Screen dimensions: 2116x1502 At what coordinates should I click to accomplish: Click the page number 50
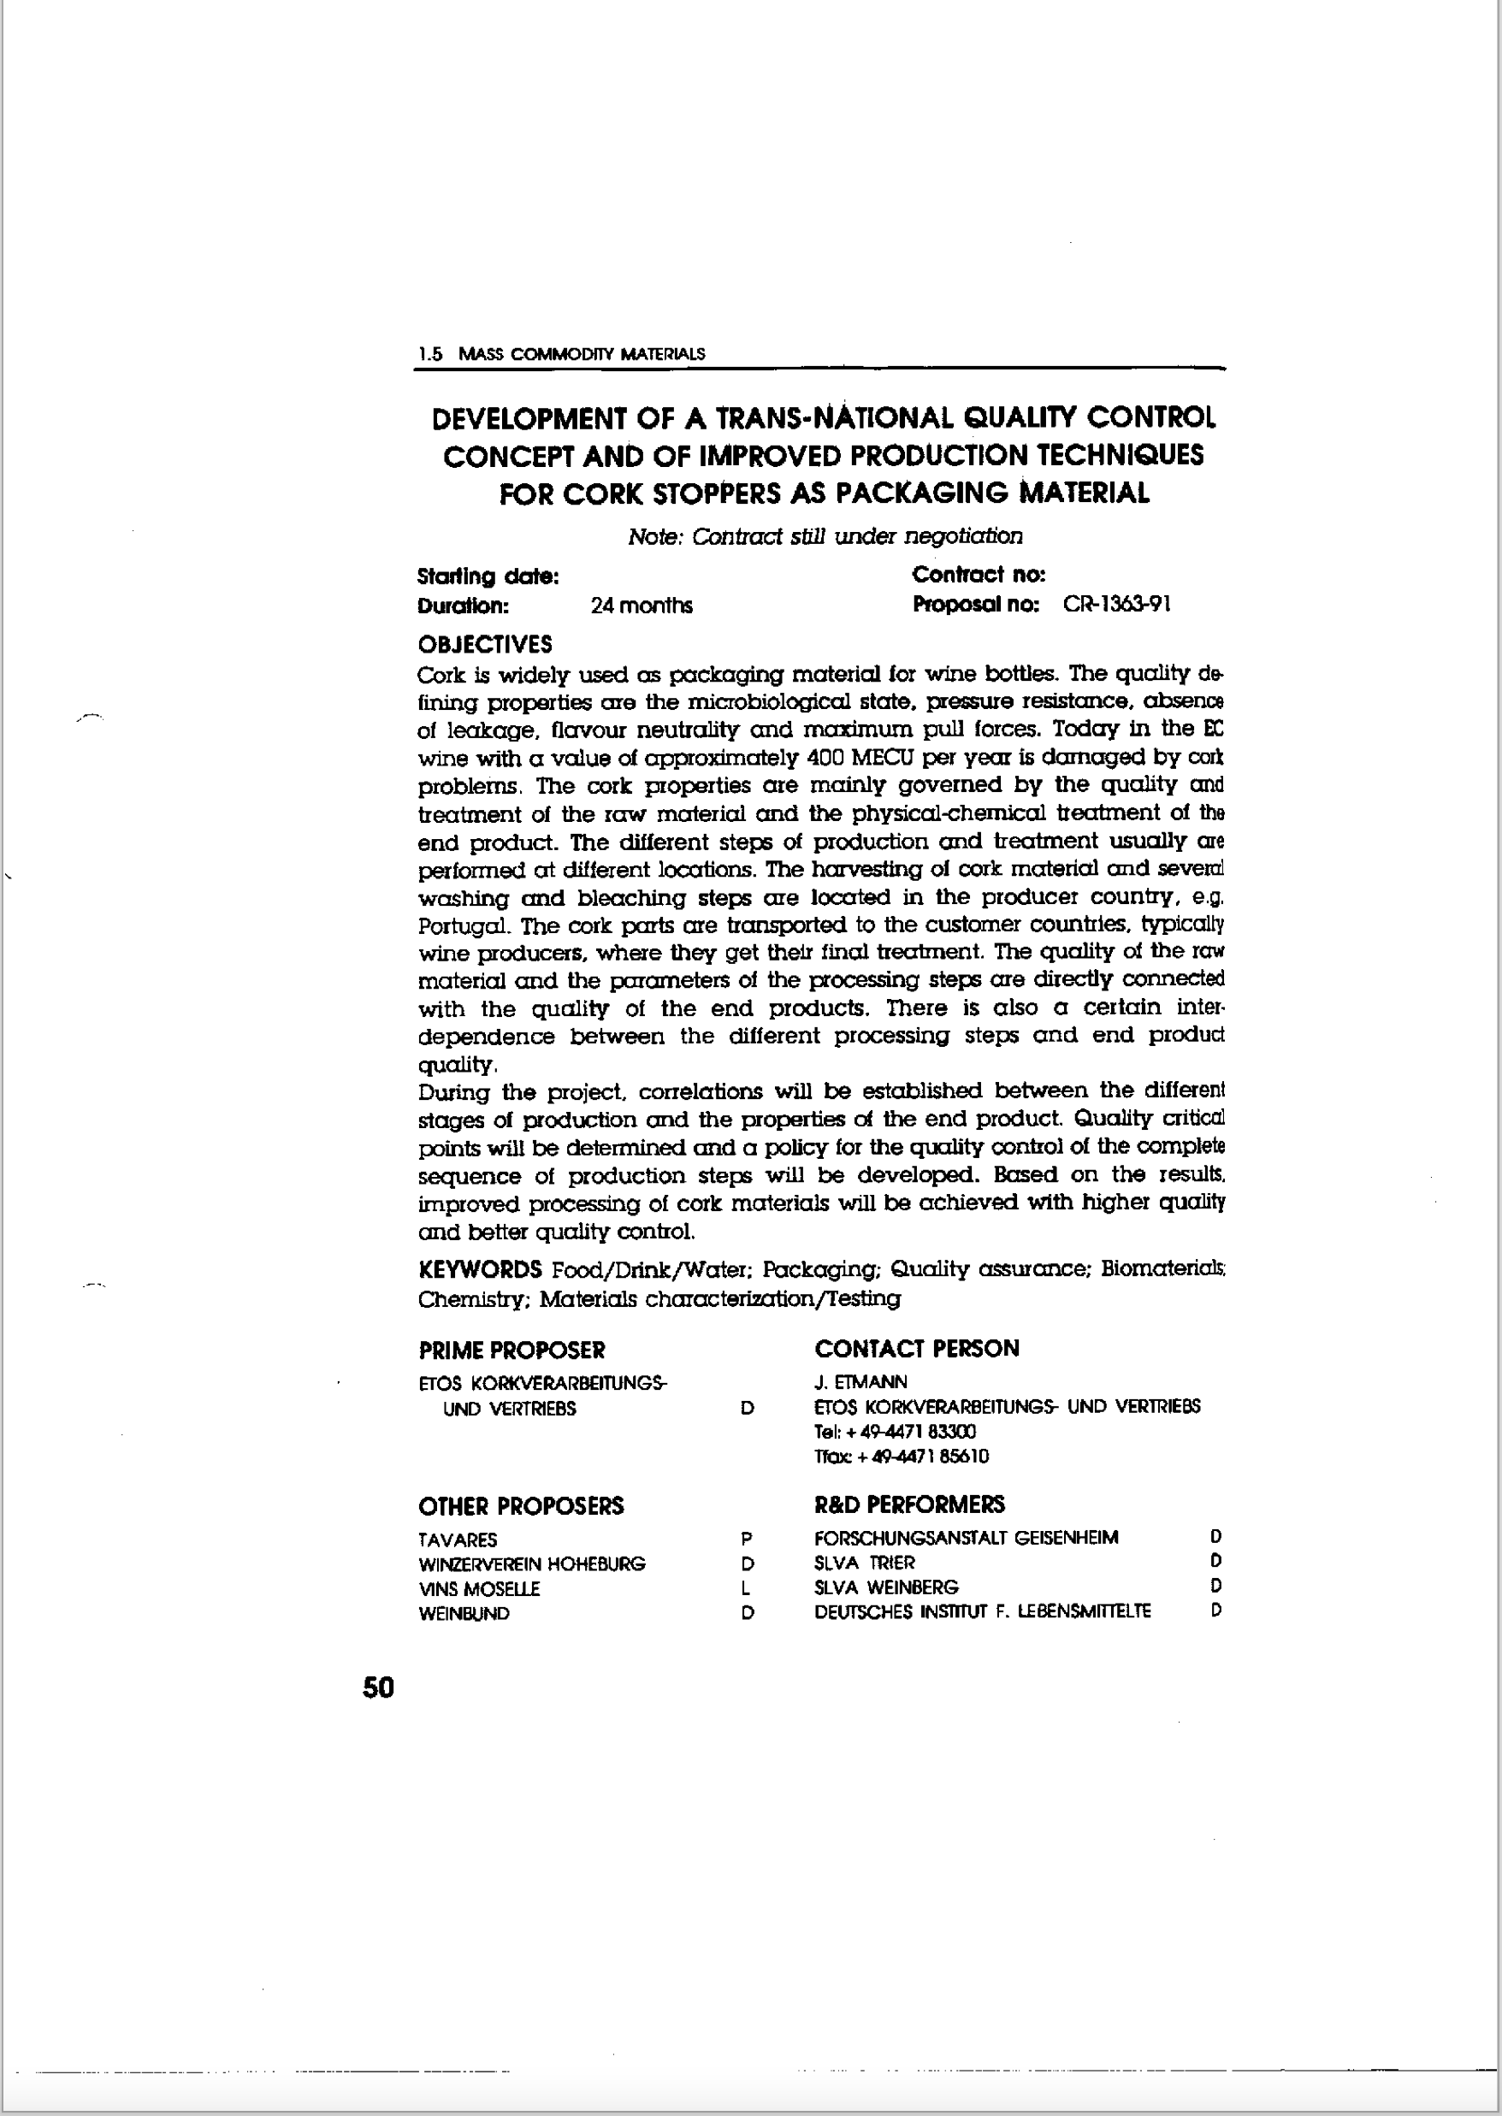tap(378, 1687)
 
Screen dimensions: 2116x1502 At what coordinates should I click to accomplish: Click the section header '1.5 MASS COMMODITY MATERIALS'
tap(561, 353)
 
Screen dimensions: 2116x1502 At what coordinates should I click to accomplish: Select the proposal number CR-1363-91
tap(1116, 605)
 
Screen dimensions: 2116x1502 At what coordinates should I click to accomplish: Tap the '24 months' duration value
tap(641, 606)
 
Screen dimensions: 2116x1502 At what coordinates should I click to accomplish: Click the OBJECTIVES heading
tap(485, 644)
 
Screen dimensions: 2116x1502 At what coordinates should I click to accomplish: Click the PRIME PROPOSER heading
tap(512, 1351)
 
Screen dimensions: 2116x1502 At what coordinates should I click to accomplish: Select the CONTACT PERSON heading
tap(917, 1349)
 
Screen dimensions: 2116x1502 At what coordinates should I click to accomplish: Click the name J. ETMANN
tap(860, 1381)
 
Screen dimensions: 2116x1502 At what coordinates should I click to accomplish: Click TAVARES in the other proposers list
tap(458, 1540)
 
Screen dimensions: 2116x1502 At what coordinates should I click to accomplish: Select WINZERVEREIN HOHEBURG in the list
tap(532, 1563)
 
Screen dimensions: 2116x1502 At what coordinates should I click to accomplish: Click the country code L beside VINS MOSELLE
tap(746, 1589)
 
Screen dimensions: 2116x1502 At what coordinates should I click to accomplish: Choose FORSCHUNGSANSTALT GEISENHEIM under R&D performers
tap(966, 1538)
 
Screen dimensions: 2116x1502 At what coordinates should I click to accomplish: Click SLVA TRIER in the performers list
tap(864, 1563)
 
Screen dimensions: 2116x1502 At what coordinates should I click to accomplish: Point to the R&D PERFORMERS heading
tap(909, 1504)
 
